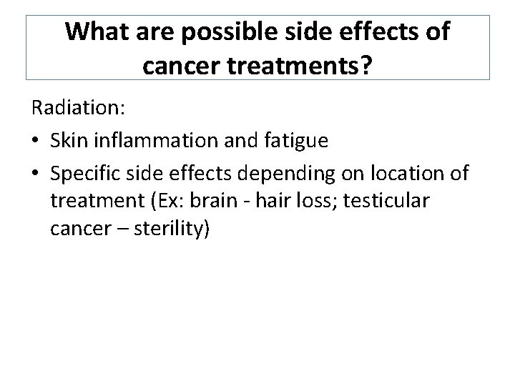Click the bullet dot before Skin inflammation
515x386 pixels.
click(35, 141)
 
